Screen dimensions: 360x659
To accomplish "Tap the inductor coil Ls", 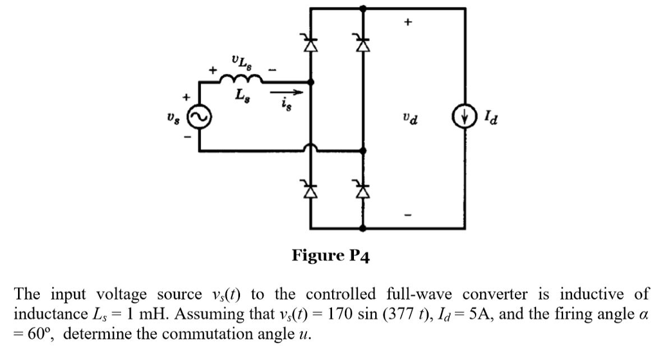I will coord(241,80).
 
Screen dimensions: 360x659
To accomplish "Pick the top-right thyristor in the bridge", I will coord(364,44).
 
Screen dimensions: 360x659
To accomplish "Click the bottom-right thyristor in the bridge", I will coord(364,190).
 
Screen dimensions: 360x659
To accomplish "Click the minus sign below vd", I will coord(406,214).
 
